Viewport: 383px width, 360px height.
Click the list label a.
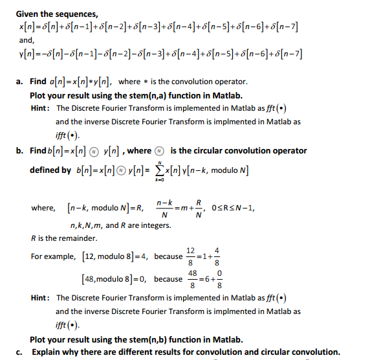pyautogui.click(x=20, y=82)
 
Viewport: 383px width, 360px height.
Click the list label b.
pyautogui.click(x=20, y=151)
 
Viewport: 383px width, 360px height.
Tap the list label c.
pyautogui.click(x=20, y=352)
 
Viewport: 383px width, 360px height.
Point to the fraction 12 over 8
pyautogui.click(x=190, y=256)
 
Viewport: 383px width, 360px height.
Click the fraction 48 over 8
pyautogui.click(x=192, y=280)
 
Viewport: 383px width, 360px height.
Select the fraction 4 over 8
pyautogui.click(x=217, y=256)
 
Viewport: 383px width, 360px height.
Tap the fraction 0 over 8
pyautogui.click(x=220, y=280)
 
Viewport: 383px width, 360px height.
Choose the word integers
pyautogui.click(x=155, y=225)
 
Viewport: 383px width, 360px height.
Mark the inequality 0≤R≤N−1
pyautogui.click(x=236, y=208)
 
